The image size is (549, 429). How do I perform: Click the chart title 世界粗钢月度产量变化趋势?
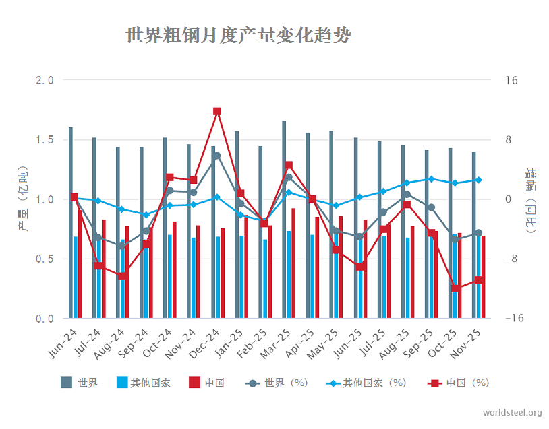tap(238, 35)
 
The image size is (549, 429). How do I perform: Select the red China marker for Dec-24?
tap(217, 112)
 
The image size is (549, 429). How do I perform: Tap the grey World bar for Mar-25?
tap(284, 219)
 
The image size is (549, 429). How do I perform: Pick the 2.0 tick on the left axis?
tap(44, 81)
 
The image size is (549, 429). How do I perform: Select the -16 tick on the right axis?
tap(511, 318)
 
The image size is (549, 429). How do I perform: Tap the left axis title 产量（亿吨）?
tap(24, 199)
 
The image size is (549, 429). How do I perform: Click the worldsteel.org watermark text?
tap(512, 412)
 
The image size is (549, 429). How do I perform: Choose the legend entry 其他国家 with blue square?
tap(143, 383)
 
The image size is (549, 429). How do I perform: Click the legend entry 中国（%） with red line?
tap(459, 383)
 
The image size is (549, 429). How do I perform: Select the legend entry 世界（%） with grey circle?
tap(277, 383)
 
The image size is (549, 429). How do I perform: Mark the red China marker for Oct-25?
tap(456, 288)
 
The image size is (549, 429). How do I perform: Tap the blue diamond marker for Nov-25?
tap(479, 180)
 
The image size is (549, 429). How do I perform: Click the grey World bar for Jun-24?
tap(70, 222)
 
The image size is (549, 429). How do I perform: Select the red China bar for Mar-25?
tap(293, 263)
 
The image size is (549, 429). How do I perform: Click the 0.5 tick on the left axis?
tap(44, 259)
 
